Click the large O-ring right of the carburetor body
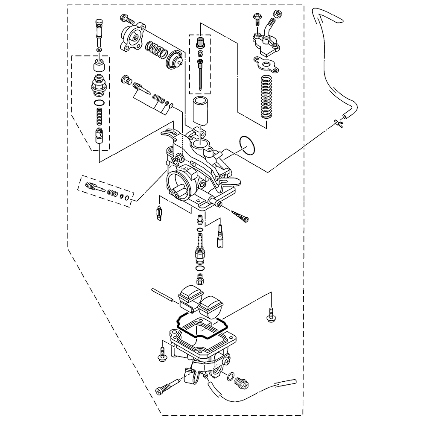click(248, 146)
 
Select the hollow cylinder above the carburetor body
click(199, 111)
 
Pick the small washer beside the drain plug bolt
click(231, 377)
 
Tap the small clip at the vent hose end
click(339, 124)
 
